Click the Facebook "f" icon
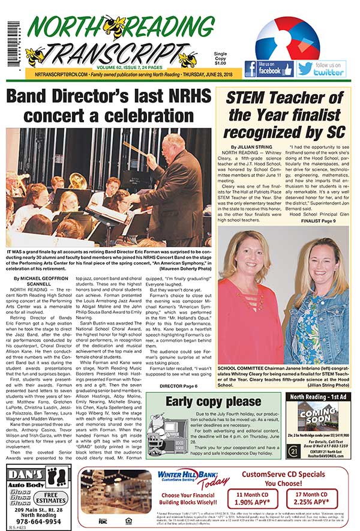250,68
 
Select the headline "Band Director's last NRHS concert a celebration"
109,107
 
